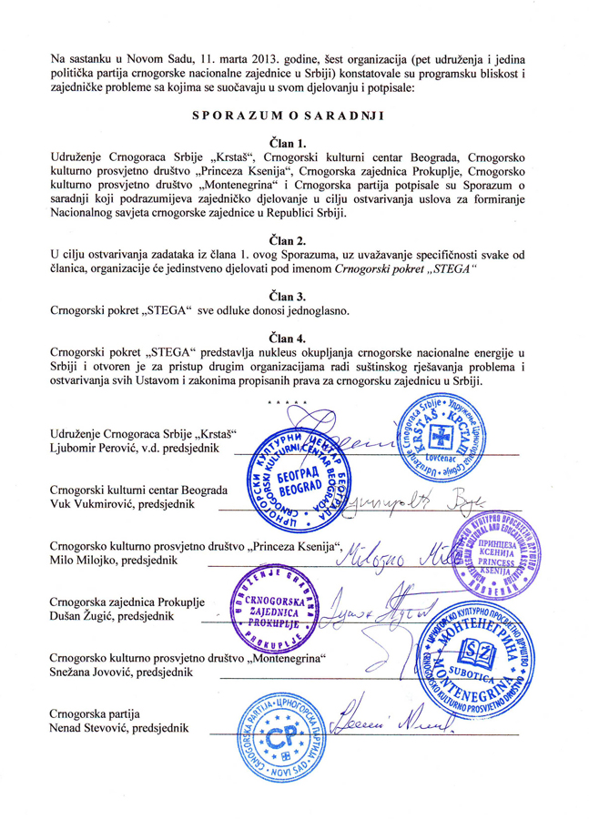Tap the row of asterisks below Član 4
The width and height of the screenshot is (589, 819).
point(286,401)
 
